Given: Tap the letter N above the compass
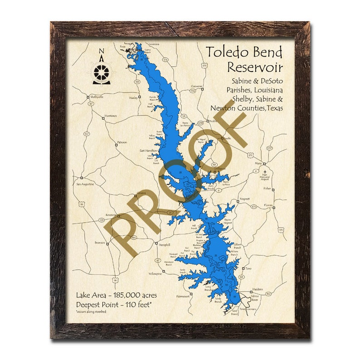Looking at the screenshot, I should (x=102, y=51).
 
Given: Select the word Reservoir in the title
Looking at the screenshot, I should (x=255, y=67).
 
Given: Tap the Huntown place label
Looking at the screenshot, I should (x=110, y=116).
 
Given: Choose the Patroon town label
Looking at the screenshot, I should (x=122, y=142).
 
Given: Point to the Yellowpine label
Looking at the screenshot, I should (x=155, y=274).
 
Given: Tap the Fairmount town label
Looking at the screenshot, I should (x=183, y=296).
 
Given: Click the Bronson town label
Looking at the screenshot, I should (x=100, y=243).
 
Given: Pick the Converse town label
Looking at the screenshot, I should (x=196, y=86).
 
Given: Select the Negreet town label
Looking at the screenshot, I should (x=245, y=199).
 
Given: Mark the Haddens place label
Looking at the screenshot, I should (x=258, y=289).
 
